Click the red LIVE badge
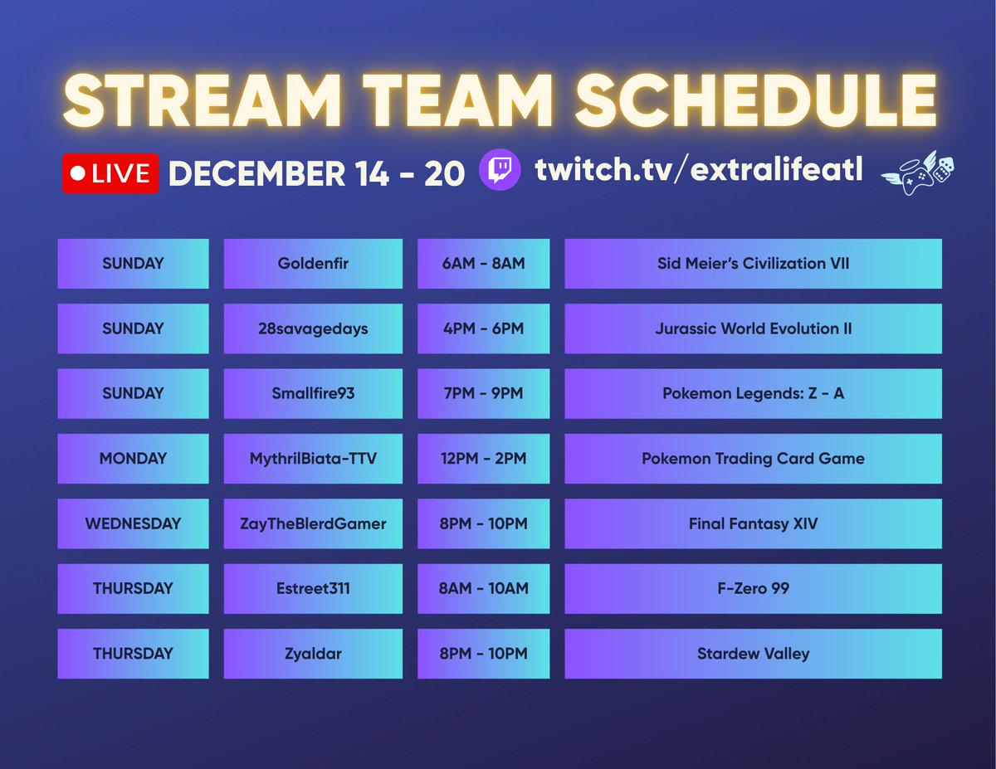(110, 173)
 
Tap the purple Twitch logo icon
(500, 171)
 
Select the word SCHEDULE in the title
(756, 102)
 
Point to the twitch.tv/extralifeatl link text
(699, 170)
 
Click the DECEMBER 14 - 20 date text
(316, 173)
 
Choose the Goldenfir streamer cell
(313, 264)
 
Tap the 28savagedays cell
(313, 329)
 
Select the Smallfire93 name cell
(313, 393)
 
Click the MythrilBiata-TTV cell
(313, 458)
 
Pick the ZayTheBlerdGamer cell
(313, 523)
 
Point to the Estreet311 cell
(313, 588)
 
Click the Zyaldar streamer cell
(313, 654)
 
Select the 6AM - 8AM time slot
(483, 264)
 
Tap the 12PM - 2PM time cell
(483, 458)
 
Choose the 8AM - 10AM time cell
(483, 588)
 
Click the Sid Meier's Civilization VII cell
(753, 264)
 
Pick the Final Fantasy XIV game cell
(753, 523)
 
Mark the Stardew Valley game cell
(753, 654)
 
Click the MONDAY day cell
(133, 458)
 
